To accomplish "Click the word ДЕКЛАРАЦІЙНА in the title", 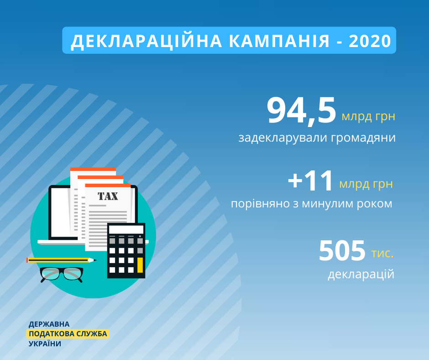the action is tap(146, 42).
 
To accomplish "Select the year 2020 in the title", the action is tap(370, 41).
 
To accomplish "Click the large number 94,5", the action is tap(301, 111).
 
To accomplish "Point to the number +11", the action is tap(310, 181).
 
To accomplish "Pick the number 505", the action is tap(342, 250).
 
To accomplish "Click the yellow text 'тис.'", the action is tap(382, 254).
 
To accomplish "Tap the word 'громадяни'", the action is tap(363, 138).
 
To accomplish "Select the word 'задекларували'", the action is tap(283, 138).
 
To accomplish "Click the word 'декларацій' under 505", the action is tap(361, 274).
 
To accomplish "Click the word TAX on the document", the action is tap(108, 196).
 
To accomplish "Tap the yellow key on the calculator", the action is tap(140, 265).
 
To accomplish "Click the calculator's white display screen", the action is tap(126, 230).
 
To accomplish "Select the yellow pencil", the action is tap(61, 260).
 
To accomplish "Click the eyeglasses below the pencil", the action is tap(61, 275).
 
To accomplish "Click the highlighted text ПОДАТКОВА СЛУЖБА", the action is tap(68, 334).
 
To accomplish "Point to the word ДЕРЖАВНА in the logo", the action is tap(49, 324).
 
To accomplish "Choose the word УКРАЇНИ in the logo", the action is tap(45, 344).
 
